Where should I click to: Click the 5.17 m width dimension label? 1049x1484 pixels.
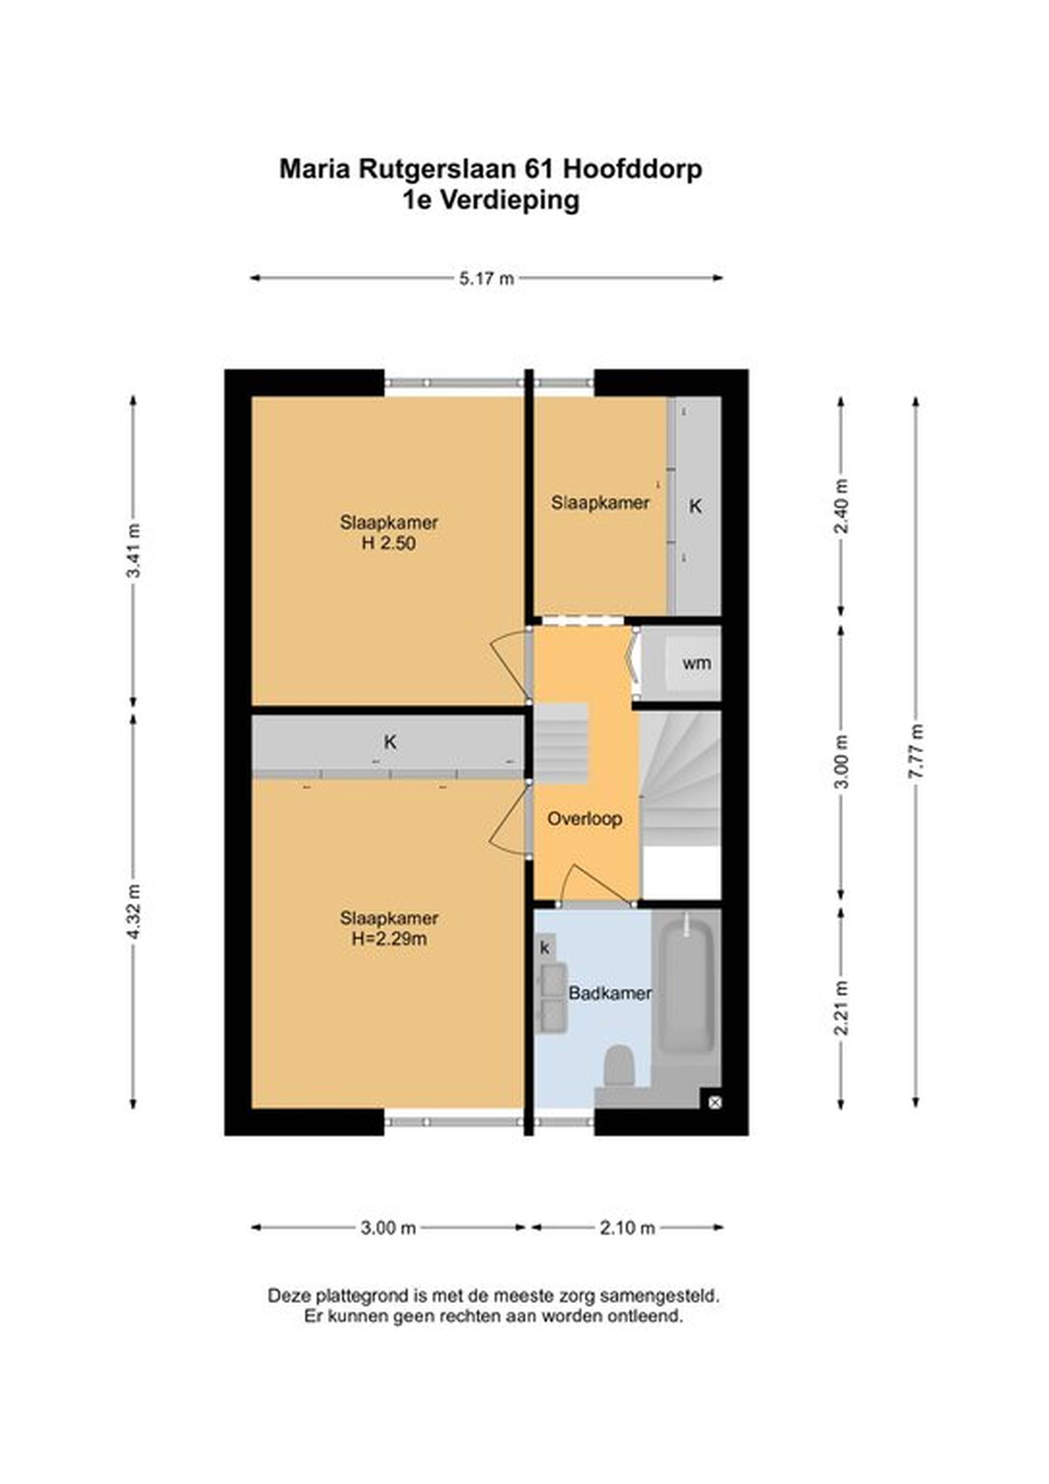coord(487,278)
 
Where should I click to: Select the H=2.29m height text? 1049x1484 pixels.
coord(389,939)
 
